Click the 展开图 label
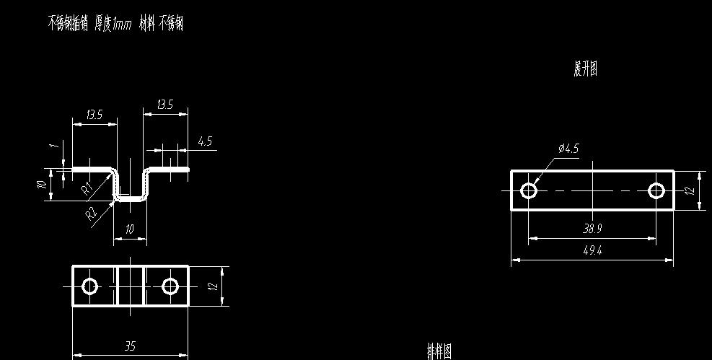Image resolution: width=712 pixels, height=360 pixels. tap(585, 69)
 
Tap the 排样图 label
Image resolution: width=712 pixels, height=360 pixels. tap(439, 351)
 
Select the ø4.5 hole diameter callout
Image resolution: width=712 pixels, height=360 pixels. tap(568, 149)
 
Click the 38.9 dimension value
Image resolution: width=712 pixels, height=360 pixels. tap(592, 229)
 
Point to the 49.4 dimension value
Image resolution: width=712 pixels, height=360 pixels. tap(592, 250)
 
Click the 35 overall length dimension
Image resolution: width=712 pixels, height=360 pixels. tap(130, 346)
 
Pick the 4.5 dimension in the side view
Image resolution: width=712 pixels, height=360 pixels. tap(205, 141)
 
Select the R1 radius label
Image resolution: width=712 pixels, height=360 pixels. tap(87, 189)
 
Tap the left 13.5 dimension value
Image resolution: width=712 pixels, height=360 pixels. tap(94, 115)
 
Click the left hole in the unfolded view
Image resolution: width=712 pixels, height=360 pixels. tap(529, 190)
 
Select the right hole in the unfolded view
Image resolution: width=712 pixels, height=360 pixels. tap(656, 190)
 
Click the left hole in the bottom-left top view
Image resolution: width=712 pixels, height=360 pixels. tap(90, 286)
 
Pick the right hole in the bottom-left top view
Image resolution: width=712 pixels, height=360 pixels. tap(170, 286)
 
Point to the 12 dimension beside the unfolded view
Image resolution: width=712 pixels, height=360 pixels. tap(690, 190)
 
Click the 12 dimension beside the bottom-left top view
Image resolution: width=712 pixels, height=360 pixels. tap(213, 286)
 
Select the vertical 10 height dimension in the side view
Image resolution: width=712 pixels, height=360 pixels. tap(43, 184)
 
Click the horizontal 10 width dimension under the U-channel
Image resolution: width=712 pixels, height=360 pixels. tap(130, 229)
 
